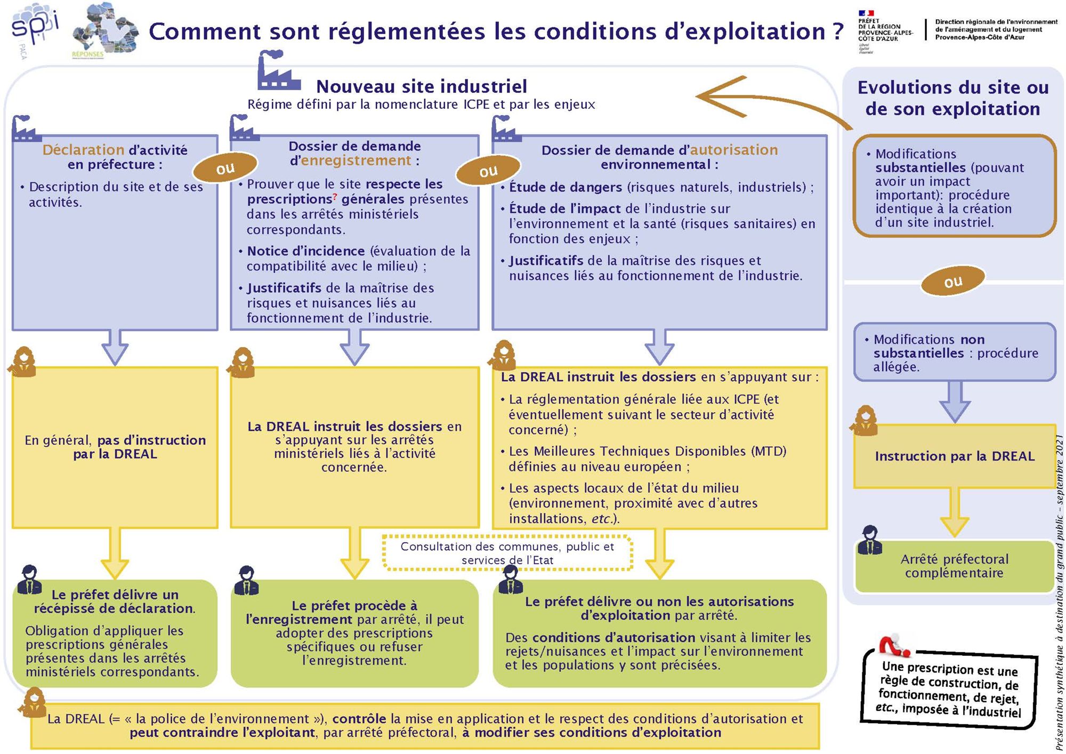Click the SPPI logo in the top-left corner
(x=34, y=29)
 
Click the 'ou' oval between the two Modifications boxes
(x=953, y=282)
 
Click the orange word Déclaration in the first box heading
(x=83, y=150)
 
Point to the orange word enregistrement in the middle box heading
(x=356, y=161)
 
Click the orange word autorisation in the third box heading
(x=734, y=150)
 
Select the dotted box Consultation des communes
(x=507, y=553)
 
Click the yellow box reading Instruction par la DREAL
(x=954, y=456)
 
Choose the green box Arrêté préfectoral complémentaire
(x=954, y=566)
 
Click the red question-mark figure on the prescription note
(x=894, y=645)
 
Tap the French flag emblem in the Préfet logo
(x=866, y=13)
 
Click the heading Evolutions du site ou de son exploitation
(x=952, y=98)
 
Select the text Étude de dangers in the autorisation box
(x=566, y=187)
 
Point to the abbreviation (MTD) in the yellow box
(x=769, y=451)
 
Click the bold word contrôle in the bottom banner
(x=359, y=719)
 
